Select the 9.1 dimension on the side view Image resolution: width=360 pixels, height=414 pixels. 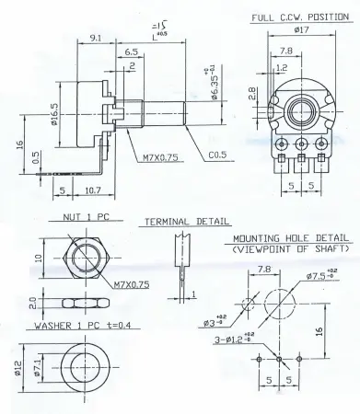pyautogui.click(x=96, y=39)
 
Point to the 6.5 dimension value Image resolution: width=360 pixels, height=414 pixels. pyautogui.click(x=132, y=54)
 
